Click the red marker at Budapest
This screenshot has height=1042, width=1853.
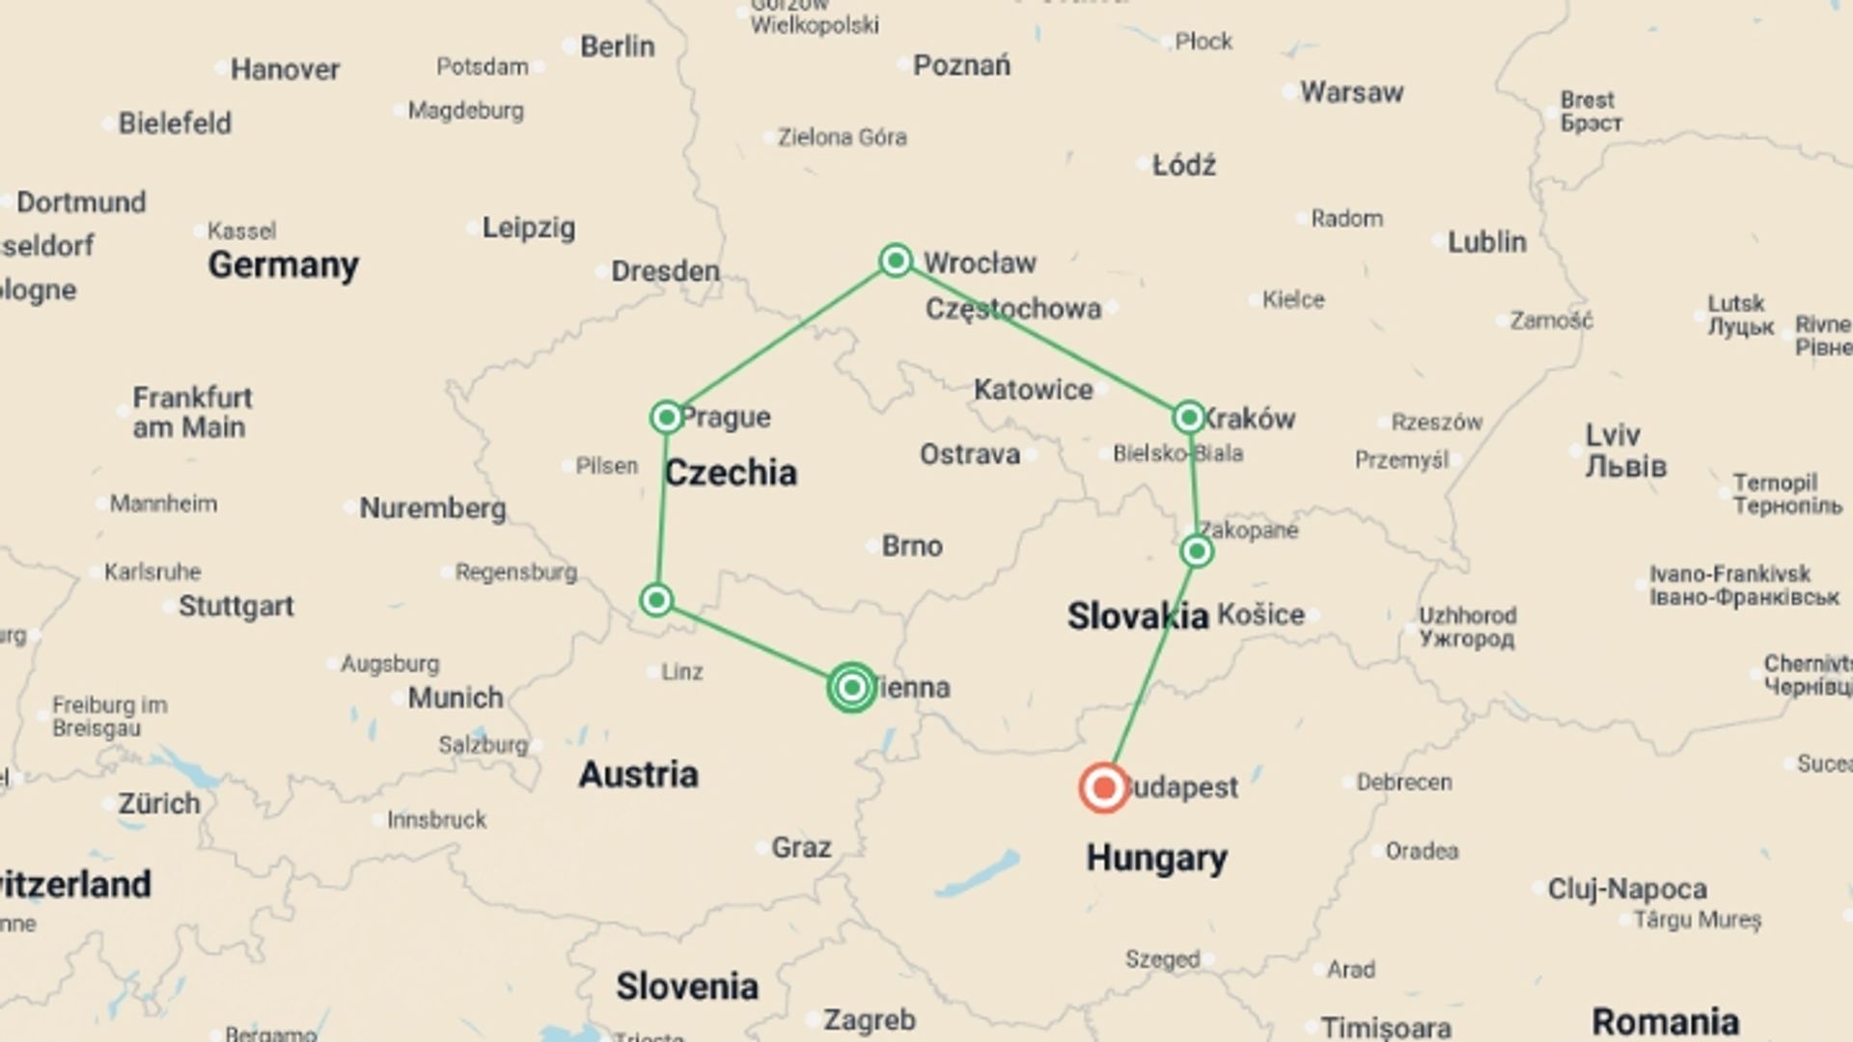[x=1104, y=788]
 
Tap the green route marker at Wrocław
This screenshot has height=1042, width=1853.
[x=896, y=260]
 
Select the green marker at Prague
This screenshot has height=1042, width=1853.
[x=666, y=417]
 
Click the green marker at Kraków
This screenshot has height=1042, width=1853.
[x=1189, y=417]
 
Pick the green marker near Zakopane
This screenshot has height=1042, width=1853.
[x=1197, y=551]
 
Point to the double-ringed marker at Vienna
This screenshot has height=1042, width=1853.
[x=851, y=687]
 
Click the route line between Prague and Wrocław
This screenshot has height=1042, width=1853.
[x=781, y=339]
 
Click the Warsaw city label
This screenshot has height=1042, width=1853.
[x=1351, y=93]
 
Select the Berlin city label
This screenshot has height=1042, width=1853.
[x=617, y=46]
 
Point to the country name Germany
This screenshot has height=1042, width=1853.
[x=283, y=264]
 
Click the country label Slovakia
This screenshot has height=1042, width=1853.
[x=1137, y=616]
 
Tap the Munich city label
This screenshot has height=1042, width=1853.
[x=455, y=698]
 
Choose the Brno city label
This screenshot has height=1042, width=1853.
[x=911, y=546]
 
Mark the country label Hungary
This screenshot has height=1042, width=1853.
[x=1156, y=858]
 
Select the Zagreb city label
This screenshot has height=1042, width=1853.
[x=869, y=1020]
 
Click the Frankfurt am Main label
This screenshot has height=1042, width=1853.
[x=192, y=412]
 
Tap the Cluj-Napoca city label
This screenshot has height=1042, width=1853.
[x=1627, y=889]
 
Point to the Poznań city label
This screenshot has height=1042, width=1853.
[x=961, y=66]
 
